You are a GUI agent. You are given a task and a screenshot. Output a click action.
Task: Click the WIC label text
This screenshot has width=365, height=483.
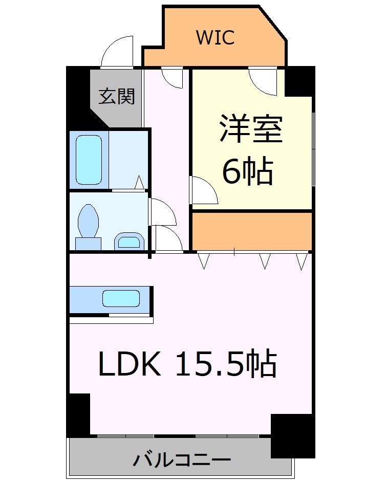[215, 37]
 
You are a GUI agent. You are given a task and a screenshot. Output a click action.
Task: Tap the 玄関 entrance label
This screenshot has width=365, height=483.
[117, 96]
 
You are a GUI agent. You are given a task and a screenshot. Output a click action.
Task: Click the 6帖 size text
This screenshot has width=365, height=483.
[247, 172]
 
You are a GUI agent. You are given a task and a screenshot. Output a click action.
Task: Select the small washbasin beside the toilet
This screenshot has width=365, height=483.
[127, 240]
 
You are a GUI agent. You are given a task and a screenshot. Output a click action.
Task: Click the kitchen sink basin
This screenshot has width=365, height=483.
[121, 298]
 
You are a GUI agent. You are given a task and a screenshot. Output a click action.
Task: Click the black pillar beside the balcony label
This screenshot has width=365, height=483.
[292, 435]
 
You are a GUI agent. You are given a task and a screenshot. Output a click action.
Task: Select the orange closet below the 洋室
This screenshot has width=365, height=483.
[252, 230]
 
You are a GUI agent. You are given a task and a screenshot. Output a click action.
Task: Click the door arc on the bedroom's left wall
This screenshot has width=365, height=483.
[204, 190]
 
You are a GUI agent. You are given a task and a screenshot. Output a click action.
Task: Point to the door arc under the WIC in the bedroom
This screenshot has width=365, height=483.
[264, 81]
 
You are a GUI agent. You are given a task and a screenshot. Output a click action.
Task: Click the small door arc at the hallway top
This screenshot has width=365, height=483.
[171, 77]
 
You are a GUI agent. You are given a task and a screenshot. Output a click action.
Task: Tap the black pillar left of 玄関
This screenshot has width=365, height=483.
[78, 97]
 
